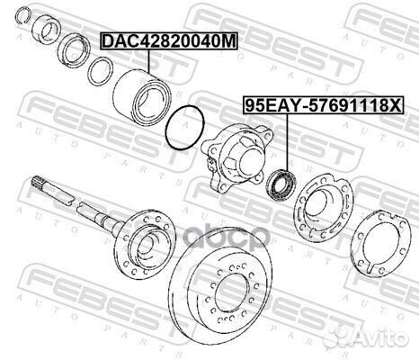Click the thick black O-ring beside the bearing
click(x=185, y=128)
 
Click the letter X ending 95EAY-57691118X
click(x=398, y=105)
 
